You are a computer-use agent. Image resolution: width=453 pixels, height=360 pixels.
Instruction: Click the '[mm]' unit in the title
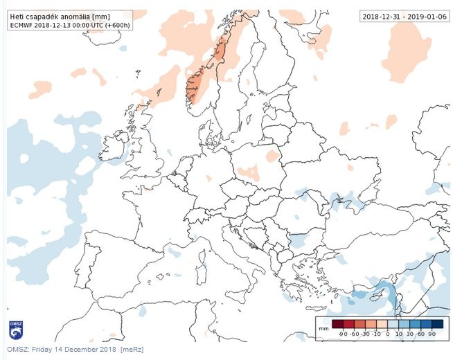tap(101, 15)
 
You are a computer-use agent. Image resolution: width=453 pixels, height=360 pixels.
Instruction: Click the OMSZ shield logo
tap(15, 329)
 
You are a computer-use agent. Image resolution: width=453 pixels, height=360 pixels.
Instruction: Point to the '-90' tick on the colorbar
tap(342, 334)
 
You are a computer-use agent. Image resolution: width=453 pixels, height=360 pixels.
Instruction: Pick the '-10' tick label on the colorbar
tap(377, 334)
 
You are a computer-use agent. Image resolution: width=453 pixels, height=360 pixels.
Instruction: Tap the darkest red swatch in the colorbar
tap(337, 324)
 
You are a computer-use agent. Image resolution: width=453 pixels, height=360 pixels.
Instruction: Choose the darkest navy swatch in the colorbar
tap(437, 324)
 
